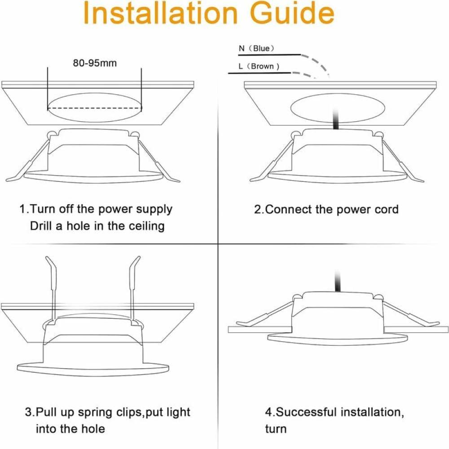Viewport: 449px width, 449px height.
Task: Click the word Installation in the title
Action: tap(161, 13)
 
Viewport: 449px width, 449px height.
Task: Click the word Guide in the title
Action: tap(292, 13)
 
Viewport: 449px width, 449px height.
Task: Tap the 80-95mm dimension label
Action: tap(95, 63)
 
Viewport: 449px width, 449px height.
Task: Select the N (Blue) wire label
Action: tap(256, 48)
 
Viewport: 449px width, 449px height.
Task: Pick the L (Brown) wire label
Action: tap(259, 66)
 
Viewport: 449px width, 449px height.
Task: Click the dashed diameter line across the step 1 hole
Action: tap(94, 108)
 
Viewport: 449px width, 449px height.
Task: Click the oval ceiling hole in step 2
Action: tap(338, 108)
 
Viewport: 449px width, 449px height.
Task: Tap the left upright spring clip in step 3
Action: tap(53, 289)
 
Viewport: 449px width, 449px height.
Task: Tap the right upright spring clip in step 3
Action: tap(133, 289)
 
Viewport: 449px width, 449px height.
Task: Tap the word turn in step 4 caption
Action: tap(276, 429)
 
